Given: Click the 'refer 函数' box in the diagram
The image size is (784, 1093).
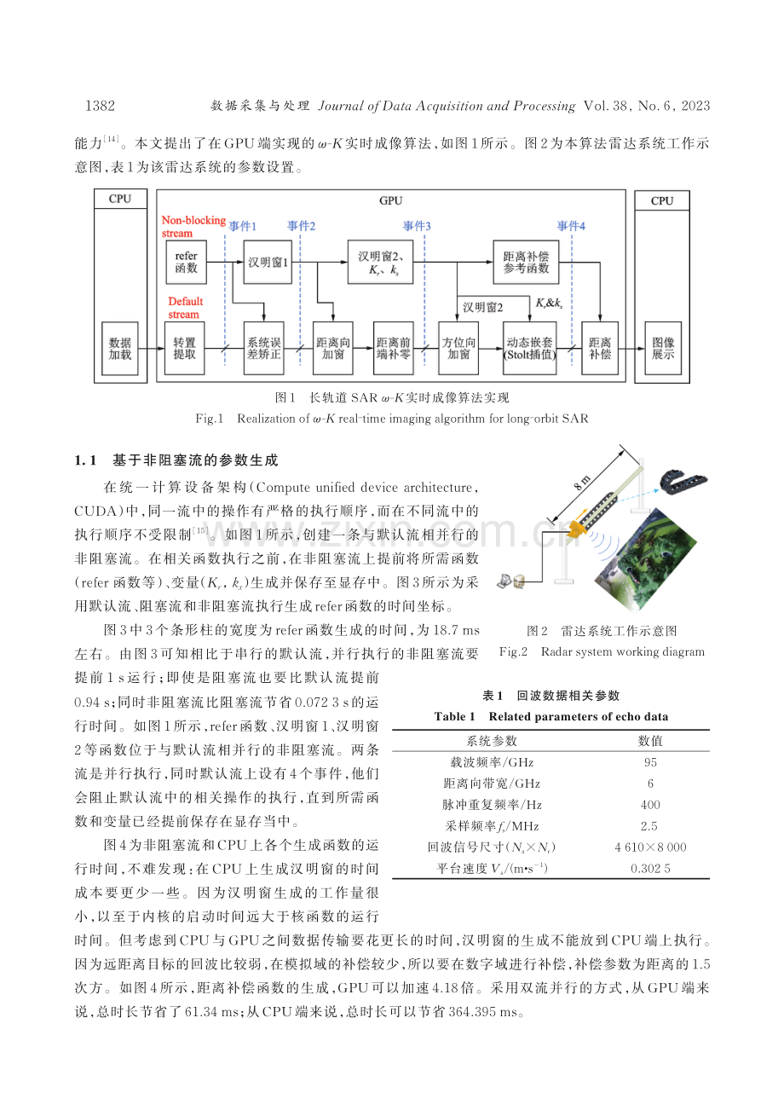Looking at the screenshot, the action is [x=186, y=262].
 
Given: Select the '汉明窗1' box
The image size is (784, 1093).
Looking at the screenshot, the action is [x=268, y=262].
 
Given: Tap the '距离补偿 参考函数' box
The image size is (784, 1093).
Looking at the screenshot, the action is [x=526, y=262].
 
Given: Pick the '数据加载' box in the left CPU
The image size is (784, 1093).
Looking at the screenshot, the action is [x=120, y=349].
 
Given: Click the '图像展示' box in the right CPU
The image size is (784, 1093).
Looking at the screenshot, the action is [x=663, y=349].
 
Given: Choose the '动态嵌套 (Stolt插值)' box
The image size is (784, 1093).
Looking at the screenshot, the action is [x=530, y=349].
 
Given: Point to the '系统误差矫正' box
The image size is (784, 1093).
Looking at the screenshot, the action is [x=264, y=349].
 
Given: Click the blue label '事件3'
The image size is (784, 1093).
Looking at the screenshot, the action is [x=417, y=226].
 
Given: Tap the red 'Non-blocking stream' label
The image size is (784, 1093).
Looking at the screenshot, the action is [x=193, y=227].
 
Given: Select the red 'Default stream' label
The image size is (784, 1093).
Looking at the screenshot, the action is [x=185, y=308].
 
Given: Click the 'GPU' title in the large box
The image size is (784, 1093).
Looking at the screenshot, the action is [x=391, y=200].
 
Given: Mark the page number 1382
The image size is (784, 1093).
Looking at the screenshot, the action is [x=100, y=106].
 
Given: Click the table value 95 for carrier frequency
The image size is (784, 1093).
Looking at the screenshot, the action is [x=650, y=762].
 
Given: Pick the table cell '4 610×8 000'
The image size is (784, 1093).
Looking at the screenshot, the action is [x=650, y=847].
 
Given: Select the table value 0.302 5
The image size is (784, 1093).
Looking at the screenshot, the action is [x=650, y=869].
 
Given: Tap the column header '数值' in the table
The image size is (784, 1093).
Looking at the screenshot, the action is [x=650, y=741].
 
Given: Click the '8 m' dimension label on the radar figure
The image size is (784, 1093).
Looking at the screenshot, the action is [x=582, y=483].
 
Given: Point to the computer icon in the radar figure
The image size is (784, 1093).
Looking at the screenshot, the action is [x=510, y=581].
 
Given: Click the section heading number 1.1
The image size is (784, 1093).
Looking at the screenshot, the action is [x=85, y=460].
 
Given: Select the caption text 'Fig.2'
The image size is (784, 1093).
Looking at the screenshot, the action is [x=513, y=652].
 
